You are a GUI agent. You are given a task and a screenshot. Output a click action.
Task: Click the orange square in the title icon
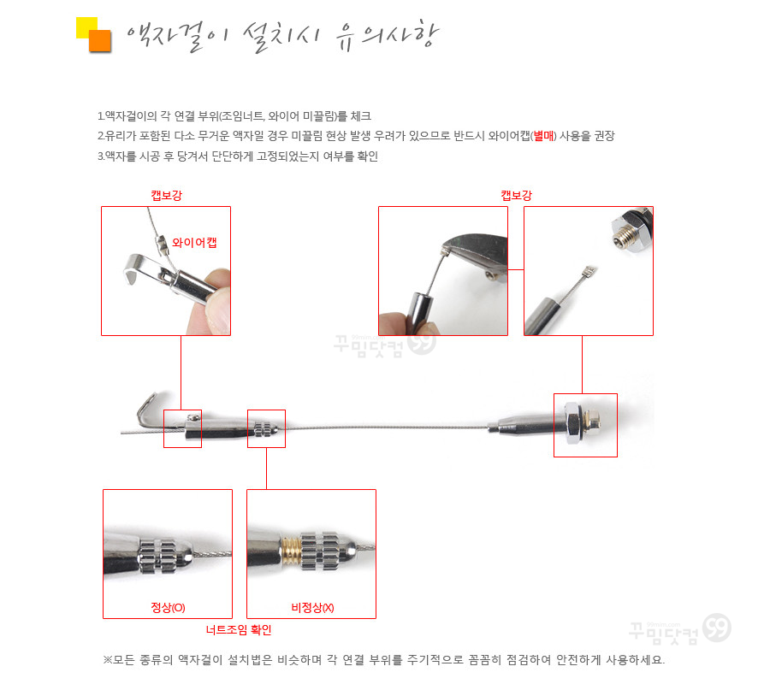click(100, 41)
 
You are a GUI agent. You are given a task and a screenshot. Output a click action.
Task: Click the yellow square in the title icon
click(86, 27)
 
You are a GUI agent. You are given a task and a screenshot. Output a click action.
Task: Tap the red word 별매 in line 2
click(543, 136)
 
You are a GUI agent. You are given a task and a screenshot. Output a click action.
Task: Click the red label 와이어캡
click(194, 243)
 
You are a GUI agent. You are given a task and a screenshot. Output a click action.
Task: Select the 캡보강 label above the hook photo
click(167, 195)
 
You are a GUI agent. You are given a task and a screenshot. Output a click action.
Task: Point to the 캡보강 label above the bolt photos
click(516, 195)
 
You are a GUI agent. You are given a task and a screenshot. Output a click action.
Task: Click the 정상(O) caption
click(168, 607)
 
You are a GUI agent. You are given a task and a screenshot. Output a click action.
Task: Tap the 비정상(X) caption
click(312, 607)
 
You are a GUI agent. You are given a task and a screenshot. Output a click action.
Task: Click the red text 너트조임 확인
click(239, 629)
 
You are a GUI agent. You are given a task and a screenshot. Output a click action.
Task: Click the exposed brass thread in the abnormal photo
click(291, 551)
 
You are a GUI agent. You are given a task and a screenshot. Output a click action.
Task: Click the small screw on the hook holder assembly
click(194, 417)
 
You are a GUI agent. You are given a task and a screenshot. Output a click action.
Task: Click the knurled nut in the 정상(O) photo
click(158, 557)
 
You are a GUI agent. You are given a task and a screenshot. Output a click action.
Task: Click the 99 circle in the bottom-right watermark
click(716, 628)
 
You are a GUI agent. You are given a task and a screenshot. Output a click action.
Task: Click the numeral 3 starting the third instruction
click(100, 156)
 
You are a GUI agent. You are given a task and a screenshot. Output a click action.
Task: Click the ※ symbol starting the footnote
click(108, 660)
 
